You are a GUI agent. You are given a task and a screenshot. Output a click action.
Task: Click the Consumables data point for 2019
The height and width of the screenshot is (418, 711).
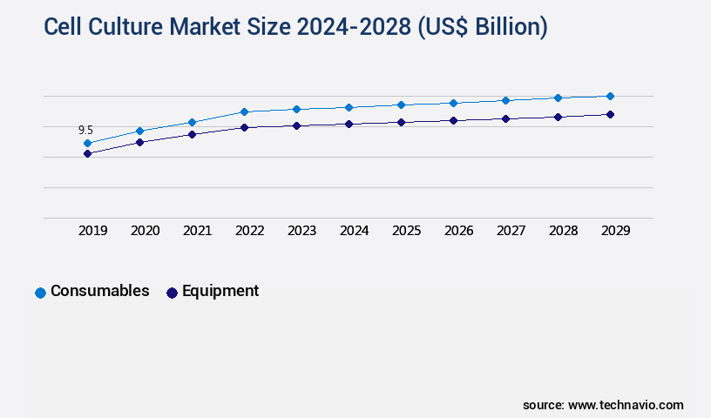pos(87,143)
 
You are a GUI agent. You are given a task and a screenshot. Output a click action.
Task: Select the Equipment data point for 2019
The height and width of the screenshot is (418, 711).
pos(87,153)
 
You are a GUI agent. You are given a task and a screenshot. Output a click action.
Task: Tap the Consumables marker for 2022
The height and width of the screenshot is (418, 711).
pos(244,111)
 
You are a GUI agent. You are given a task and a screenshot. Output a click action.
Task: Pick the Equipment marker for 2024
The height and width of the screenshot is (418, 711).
pos(349,124)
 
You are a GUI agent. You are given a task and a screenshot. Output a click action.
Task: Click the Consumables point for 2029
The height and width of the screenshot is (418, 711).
pos(610,96)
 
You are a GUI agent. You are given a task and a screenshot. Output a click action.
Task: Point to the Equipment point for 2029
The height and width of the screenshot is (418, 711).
pos(610,114)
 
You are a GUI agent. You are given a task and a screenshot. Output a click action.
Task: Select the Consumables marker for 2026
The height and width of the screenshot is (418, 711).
pos(453,103)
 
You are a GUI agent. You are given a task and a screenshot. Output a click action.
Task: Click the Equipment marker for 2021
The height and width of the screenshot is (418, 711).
pos(192,134)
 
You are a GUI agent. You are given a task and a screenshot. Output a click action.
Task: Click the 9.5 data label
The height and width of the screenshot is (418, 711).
pos(85,130)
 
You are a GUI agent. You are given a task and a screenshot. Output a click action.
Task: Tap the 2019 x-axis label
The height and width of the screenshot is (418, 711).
pos(93,231)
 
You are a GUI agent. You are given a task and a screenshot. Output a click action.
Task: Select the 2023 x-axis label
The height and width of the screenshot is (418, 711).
pos(302,231)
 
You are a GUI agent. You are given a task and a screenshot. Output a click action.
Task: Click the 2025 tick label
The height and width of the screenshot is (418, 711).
pos(407,231)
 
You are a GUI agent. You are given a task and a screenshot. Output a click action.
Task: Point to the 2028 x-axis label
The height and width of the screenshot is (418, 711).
pos(564,231)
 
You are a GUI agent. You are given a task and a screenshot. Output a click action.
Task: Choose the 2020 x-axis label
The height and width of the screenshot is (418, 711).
pos(146,231)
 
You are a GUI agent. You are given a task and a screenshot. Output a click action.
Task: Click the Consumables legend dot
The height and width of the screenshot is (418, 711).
pos(40,293)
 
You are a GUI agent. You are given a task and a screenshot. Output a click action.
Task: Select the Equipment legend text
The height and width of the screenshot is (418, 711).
pos(220,291)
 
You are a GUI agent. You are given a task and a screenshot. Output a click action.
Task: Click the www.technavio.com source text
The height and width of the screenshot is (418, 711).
pos(626,405)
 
